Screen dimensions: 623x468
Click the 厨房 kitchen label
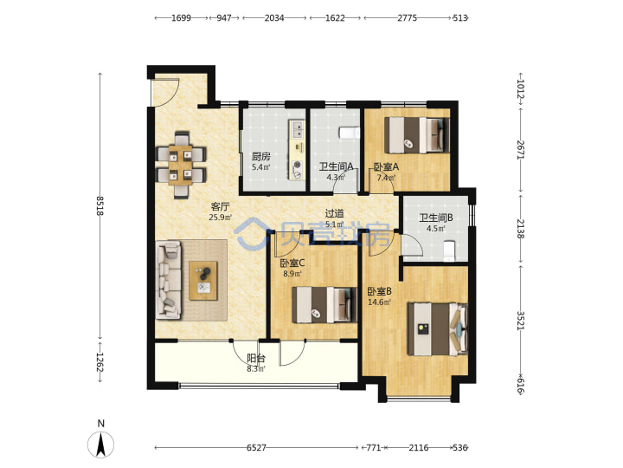[x=261, y=157]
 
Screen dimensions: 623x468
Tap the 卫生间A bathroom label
[x=336, y=166]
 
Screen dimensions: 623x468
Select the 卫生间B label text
[x=436, y=218]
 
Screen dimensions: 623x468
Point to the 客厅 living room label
[x=220, y=207]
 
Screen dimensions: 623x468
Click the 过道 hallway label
[x=334, y=214]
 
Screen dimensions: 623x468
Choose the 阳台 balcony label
[x=256, y=358]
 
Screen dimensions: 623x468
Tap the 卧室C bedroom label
[x=292, y=263]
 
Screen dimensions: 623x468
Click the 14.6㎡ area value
[x=379, y=302]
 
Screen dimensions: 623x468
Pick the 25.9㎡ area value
[x=220, y=218]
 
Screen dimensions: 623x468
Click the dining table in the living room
[x=180, y=165]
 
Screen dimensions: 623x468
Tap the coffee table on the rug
[x=203, y=281]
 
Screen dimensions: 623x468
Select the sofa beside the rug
[x=169, y=280]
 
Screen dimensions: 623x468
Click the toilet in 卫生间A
[x=349, y=133]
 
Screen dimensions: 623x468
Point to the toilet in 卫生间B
[x=449, y=251]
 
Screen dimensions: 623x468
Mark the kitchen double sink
[x=298, y=129]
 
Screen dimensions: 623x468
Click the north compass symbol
[x=101, y=444]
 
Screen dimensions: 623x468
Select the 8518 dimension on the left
[x=100, y=205]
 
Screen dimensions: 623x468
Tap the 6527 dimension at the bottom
[x=256, y=448]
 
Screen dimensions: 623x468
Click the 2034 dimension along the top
[x=274, y=18]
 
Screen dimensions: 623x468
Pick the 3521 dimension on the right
[x=521, y=320]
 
